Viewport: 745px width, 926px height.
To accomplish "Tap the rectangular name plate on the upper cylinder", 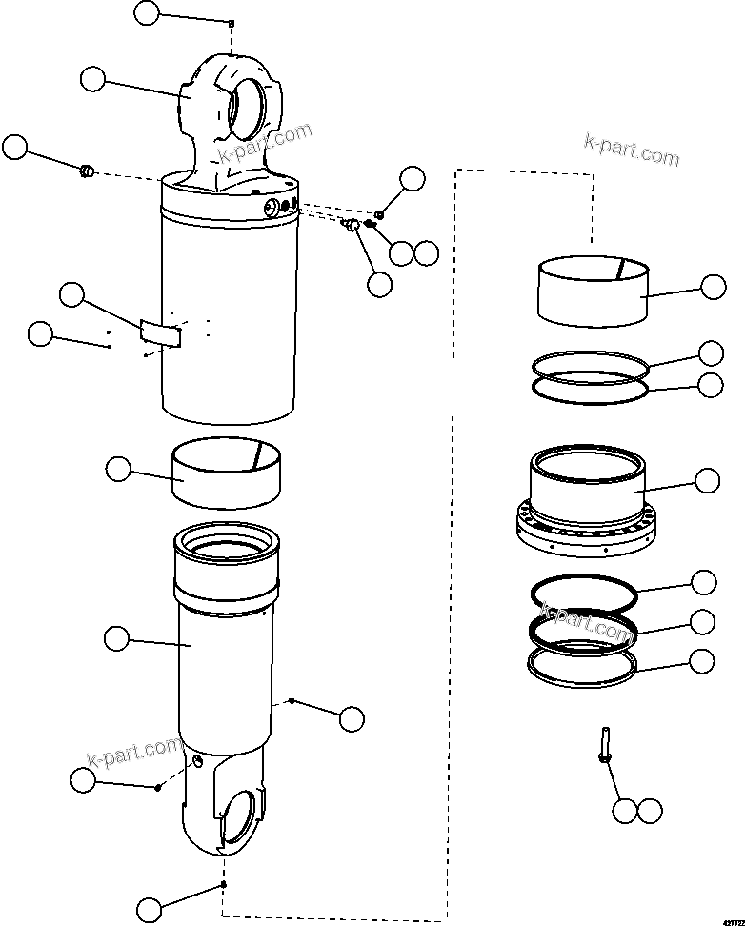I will tap(161, 332).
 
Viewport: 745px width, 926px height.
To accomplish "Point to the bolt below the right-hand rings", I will tap(604, 745).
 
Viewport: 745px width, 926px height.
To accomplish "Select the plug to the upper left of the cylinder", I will tap(86, 171).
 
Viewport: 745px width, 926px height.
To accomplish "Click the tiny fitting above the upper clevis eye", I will tap(232, 23).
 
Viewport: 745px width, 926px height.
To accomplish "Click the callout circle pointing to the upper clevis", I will tap(92, 79).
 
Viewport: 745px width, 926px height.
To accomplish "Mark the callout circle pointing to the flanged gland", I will tap(707, 481).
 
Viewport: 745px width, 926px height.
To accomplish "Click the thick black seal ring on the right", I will tap(582, 631).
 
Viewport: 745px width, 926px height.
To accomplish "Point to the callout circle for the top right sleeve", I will tap(713, 287).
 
